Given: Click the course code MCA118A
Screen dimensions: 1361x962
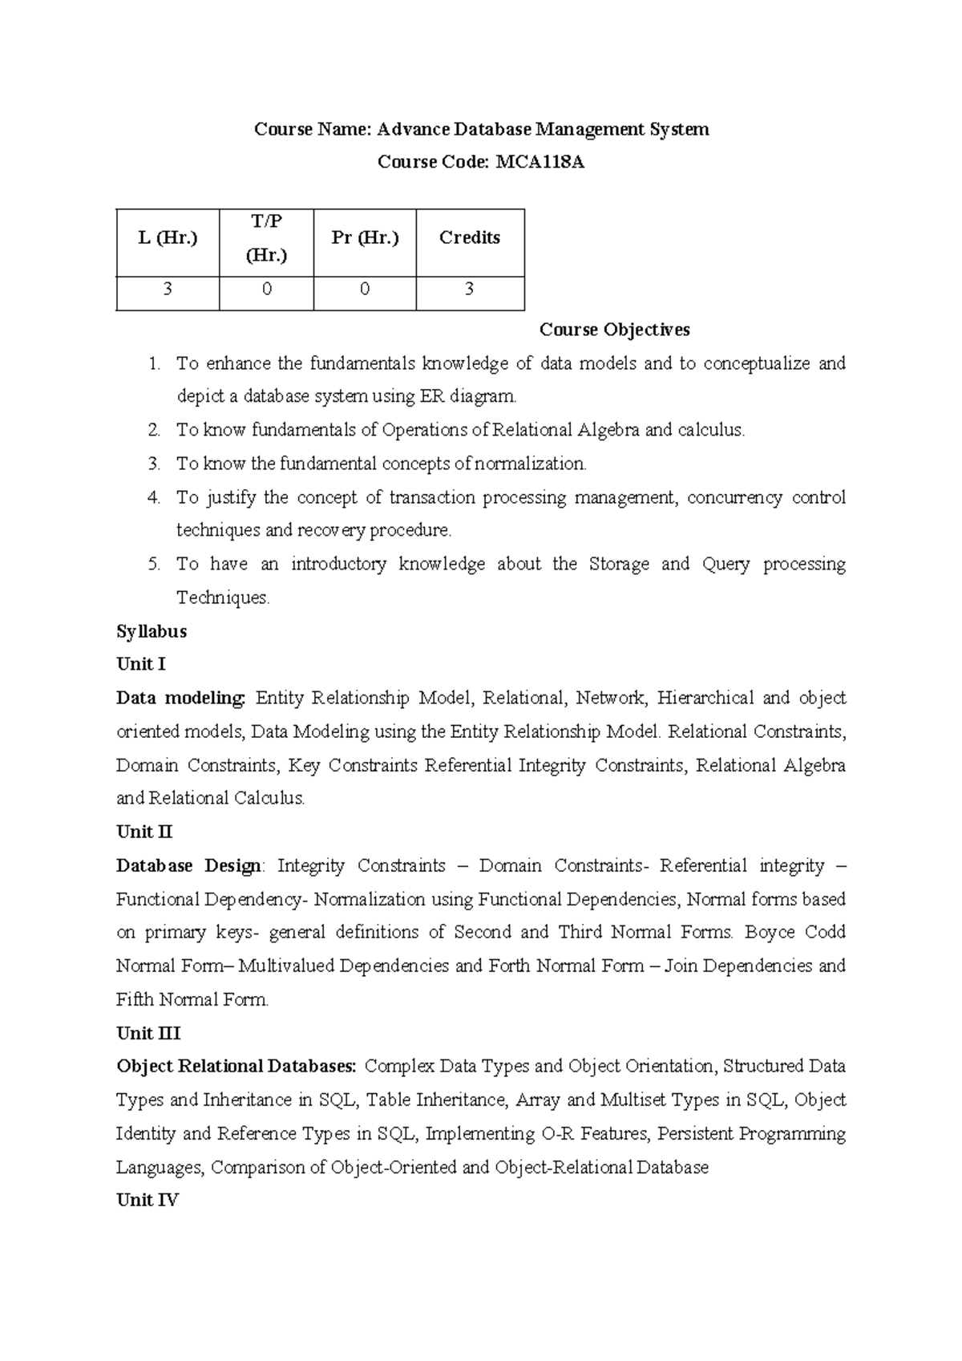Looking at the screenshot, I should point(540,163).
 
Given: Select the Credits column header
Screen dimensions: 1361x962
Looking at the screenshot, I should point(470,237).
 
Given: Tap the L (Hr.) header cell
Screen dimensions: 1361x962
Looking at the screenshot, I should point(168,237).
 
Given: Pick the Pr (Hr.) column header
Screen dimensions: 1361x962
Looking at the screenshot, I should point(365,237).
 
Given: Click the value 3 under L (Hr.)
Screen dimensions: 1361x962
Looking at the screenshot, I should point(168,290).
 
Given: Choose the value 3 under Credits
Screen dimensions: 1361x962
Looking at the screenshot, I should point(470,290).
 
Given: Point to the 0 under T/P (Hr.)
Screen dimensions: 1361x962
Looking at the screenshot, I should point(266,290).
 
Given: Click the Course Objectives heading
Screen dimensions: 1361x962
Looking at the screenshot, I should point(614,330).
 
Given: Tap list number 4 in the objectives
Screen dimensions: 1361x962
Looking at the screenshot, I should point(154,497).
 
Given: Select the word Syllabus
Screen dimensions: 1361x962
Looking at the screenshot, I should point(152,631).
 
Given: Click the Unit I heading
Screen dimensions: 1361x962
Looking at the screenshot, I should point(141,664).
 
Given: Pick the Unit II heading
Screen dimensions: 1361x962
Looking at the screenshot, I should point(144,832).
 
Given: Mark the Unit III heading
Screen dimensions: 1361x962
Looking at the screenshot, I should point(148,1033).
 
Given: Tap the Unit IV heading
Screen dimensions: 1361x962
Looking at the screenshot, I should point(148,1201).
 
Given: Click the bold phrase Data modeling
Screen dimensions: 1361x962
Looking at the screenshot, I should point(181,698).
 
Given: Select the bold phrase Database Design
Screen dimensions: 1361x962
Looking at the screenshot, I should point(189,866).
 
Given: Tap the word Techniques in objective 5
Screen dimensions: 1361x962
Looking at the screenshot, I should point(222,598).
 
